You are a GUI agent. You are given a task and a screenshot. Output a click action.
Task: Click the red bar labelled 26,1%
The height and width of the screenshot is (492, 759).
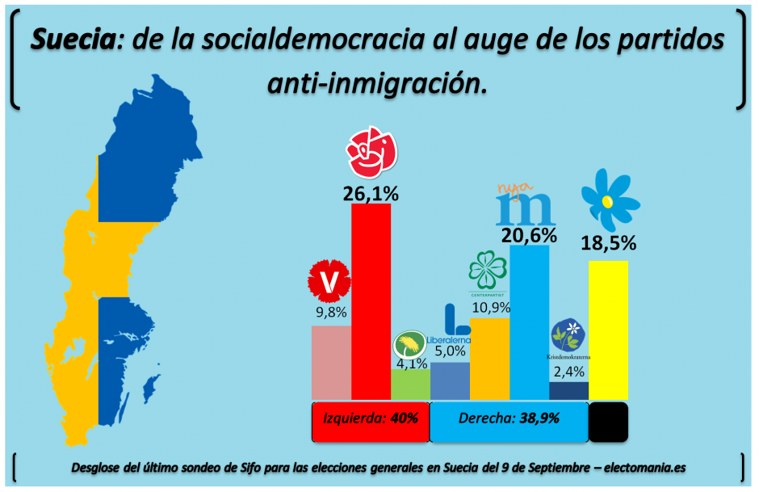pos(371,301)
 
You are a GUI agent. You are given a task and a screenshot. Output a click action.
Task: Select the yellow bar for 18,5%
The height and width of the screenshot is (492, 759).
pos(608,330)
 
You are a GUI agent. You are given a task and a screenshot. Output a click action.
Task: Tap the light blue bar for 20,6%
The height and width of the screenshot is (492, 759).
pos(529,322)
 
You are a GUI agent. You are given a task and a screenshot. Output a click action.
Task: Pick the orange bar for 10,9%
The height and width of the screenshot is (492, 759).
pos(489,358)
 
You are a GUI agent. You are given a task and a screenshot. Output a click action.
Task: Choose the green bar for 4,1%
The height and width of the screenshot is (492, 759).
pos(410,385)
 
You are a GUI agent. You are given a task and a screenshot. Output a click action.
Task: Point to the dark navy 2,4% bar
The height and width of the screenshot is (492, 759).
pos(568,390)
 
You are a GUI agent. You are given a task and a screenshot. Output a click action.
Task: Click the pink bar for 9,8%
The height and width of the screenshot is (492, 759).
pos(331,362)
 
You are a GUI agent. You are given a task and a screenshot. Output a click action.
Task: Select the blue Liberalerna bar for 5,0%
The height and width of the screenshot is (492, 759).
pos(450,381)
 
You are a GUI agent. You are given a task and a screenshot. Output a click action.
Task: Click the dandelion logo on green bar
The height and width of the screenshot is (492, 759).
pos(410,346)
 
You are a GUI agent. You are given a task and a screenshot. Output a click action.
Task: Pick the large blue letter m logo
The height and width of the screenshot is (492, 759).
pos(525,209)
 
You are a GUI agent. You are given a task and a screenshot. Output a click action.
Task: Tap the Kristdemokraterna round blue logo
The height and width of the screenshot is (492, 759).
pos(568,334)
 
